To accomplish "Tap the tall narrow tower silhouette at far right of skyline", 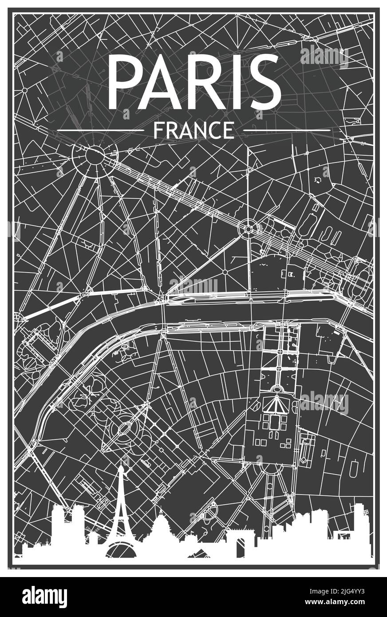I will pos(358,526).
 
